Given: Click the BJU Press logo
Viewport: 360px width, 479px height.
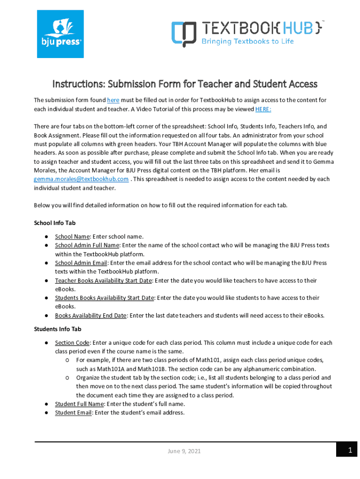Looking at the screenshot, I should point(60,34).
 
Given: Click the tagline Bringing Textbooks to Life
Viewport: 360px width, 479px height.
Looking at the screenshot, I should point(247,41).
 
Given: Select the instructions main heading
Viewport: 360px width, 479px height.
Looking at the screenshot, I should point(185,84).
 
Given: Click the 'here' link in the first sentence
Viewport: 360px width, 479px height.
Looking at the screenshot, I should point(113,100).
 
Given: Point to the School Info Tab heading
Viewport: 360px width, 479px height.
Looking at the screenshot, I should point(55,223).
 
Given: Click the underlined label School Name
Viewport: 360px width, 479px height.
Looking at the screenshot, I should point(72,236).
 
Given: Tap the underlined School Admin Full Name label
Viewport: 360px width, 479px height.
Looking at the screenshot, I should point(87,245).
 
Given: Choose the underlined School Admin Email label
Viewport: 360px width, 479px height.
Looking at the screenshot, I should point(81,263).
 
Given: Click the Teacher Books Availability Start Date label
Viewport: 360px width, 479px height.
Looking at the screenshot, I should point(103,281).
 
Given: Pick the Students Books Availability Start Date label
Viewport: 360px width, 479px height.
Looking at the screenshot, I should point(104,298).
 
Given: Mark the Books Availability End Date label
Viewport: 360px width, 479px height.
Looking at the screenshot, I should point(90,315).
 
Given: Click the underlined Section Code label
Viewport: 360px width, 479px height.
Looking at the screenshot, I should point(72,343).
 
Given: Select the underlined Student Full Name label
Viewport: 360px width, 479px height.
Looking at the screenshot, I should point(79,404).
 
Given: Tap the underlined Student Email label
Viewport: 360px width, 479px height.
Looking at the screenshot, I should point(73,413).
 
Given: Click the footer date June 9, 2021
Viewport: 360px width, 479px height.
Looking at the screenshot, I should point(185,451).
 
